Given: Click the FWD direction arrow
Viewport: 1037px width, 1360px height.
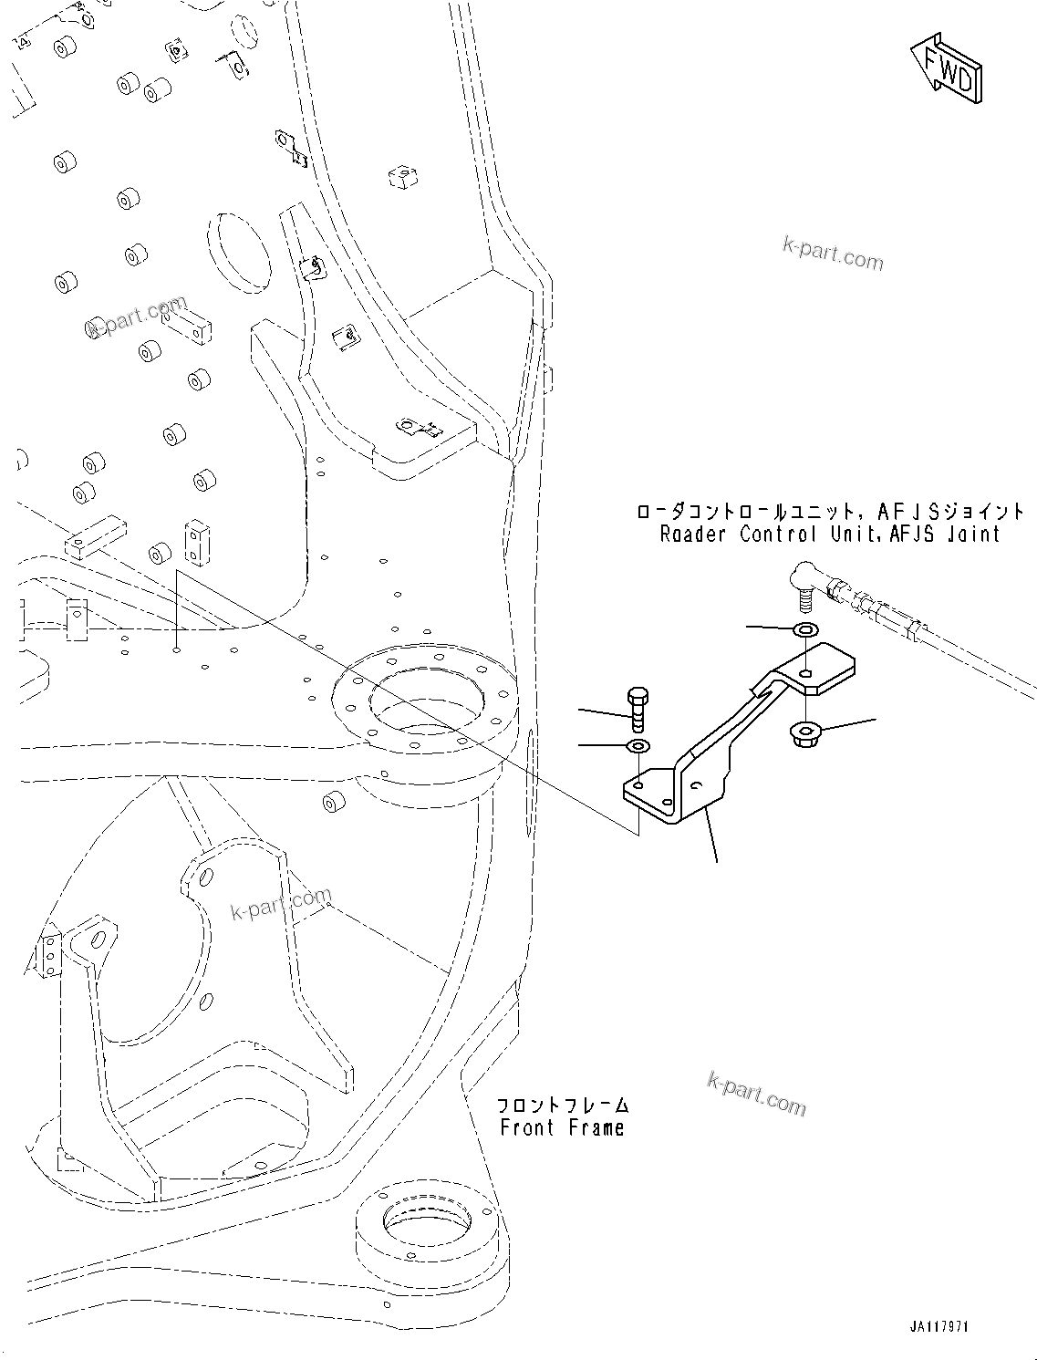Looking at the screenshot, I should click(948, 68).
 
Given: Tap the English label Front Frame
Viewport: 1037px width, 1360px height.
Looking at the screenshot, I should click(562, 1127).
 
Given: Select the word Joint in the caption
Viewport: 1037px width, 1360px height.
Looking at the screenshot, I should click(971, 535).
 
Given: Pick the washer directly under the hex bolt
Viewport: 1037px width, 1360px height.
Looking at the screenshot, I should click(638, 747).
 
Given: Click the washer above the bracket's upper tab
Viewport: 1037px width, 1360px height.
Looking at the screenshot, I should click(806, 629).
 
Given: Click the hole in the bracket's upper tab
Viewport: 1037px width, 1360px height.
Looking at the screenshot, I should click(807, 673).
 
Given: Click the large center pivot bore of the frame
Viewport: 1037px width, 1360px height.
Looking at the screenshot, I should click(424, 701).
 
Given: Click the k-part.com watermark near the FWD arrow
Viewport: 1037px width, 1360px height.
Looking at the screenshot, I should click(833, 254).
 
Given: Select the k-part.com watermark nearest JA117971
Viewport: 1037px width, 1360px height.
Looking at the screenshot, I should click(756, 1094).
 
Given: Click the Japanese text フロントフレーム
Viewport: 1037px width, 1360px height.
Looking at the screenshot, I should click(562, 1105).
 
